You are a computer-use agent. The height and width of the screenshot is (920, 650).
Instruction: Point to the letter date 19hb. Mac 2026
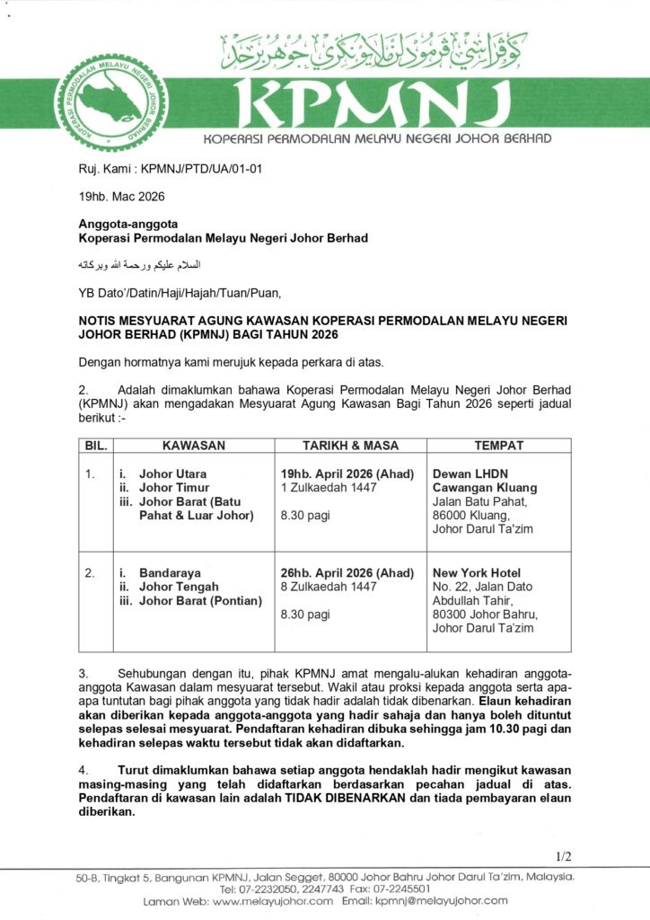122,196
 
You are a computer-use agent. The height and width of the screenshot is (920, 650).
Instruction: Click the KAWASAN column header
194,446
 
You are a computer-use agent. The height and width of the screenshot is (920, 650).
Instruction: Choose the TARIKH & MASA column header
350,446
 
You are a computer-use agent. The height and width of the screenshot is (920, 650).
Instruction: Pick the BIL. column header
95,446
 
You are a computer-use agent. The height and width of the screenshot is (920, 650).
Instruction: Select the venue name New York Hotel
477,573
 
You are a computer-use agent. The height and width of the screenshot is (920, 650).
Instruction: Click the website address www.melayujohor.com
274,901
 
